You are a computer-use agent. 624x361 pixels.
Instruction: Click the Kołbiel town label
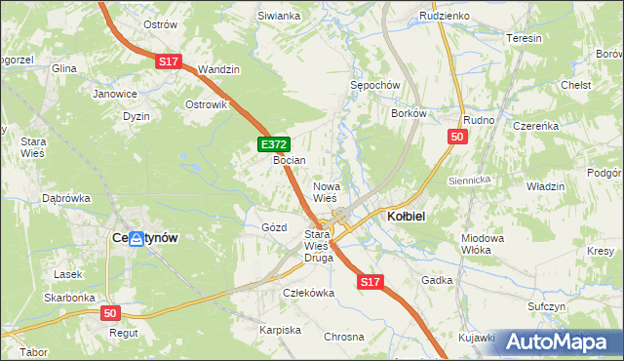[405, 216]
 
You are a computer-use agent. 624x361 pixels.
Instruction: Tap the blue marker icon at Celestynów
[136, 238]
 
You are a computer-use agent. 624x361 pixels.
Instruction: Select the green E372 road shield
[273, 144]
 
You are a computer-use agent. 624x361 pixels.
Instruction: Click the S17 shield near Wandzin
[169, 61]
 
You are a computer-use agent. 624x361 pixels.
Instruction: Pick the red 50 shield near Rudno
[456, 138]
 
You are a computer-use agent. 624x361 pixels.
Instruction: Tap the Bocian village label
[290, 160]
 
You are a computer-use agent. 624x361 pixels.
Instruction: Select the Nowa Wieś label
[325, 191]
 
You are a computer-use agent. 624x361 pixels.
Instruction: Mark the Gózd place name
[274, 227]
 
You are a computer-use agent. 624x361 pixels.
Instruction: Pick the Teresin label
[524, 38]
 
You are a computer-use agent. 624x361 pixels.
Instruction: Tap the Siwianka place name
[278, 16]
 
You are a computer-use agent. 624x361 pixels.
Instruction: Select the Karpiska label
[280, 330]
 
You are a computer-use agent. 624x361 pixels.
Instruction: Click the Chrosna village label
[344, 336]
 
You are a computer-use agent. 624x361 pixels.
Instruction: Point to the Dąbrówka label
[66, 198]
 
